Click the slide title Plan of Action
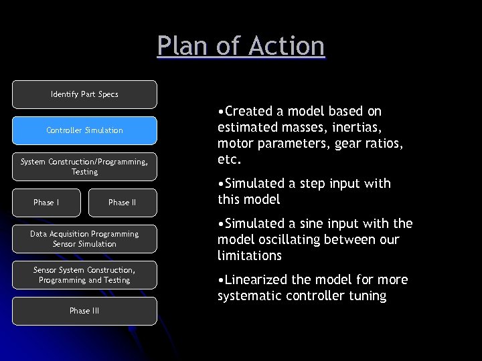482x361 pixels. pyautogui.click(x=241, y=46)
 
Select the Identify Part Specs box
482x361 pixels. pyautogui.click(x=84, y=94)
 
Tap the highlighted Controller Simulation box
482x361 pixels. pyautogui.click(x=84, y=130)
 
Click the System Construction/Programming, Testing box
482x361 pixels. pyautogui.click(x=84, y=166)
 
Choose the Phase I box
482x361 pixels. pyautogui.click(x=46, y=203)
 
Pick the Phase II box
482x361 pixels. pyautogui.click(x=122, y=203)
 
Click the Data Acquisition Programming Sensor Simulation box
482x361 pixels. pyautogui.click(x=84, y=239)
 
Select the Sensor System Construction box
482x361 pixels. pyautogui.click(x=84, y=275)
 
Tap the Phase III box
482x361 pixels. pyautogui.click(x=84, y=311)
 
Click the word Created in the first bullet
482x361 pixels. pyautogui.click(x=250, y=111)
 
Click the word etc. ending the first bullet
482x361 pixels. pyautogui.click(x=230, y=160)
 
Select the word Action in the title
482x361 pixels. pyautogui.click(x=286, y=46)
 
